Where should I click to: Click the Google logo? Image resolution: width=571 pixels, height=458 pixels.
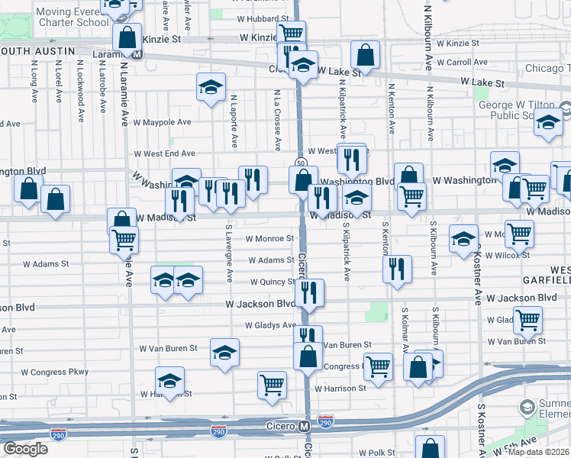(x=26, y=449)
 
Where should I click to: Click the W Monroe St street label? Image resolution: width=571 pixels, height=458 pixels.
(x=269, y=238)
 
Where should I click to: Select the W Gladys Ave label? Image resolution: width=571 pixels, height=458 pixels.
(x=269, y=325)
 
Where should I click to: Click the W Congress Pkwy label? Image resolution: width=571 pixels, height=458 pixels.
(x=55, y=373)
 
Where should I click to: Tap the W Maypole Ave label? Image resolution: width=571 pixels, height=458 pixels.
(x=162, y=122)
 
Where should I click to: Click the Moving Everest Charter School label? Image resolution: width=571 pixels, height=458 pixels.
(x=73, y=17)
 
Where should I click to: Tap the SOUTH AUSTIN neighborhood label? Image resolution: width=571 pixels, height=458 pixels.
(x=38, y=50)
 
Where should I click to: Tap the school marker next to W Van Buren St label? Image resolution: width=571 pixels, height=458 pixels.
(x=224, y=352)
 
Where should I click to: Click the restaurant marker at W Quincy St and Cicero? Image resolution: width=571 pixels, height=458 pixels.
(x=309, y=292)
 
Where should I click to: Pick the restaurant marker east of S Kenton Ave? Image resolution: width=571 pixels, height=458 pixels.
(x=397, y=268)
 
